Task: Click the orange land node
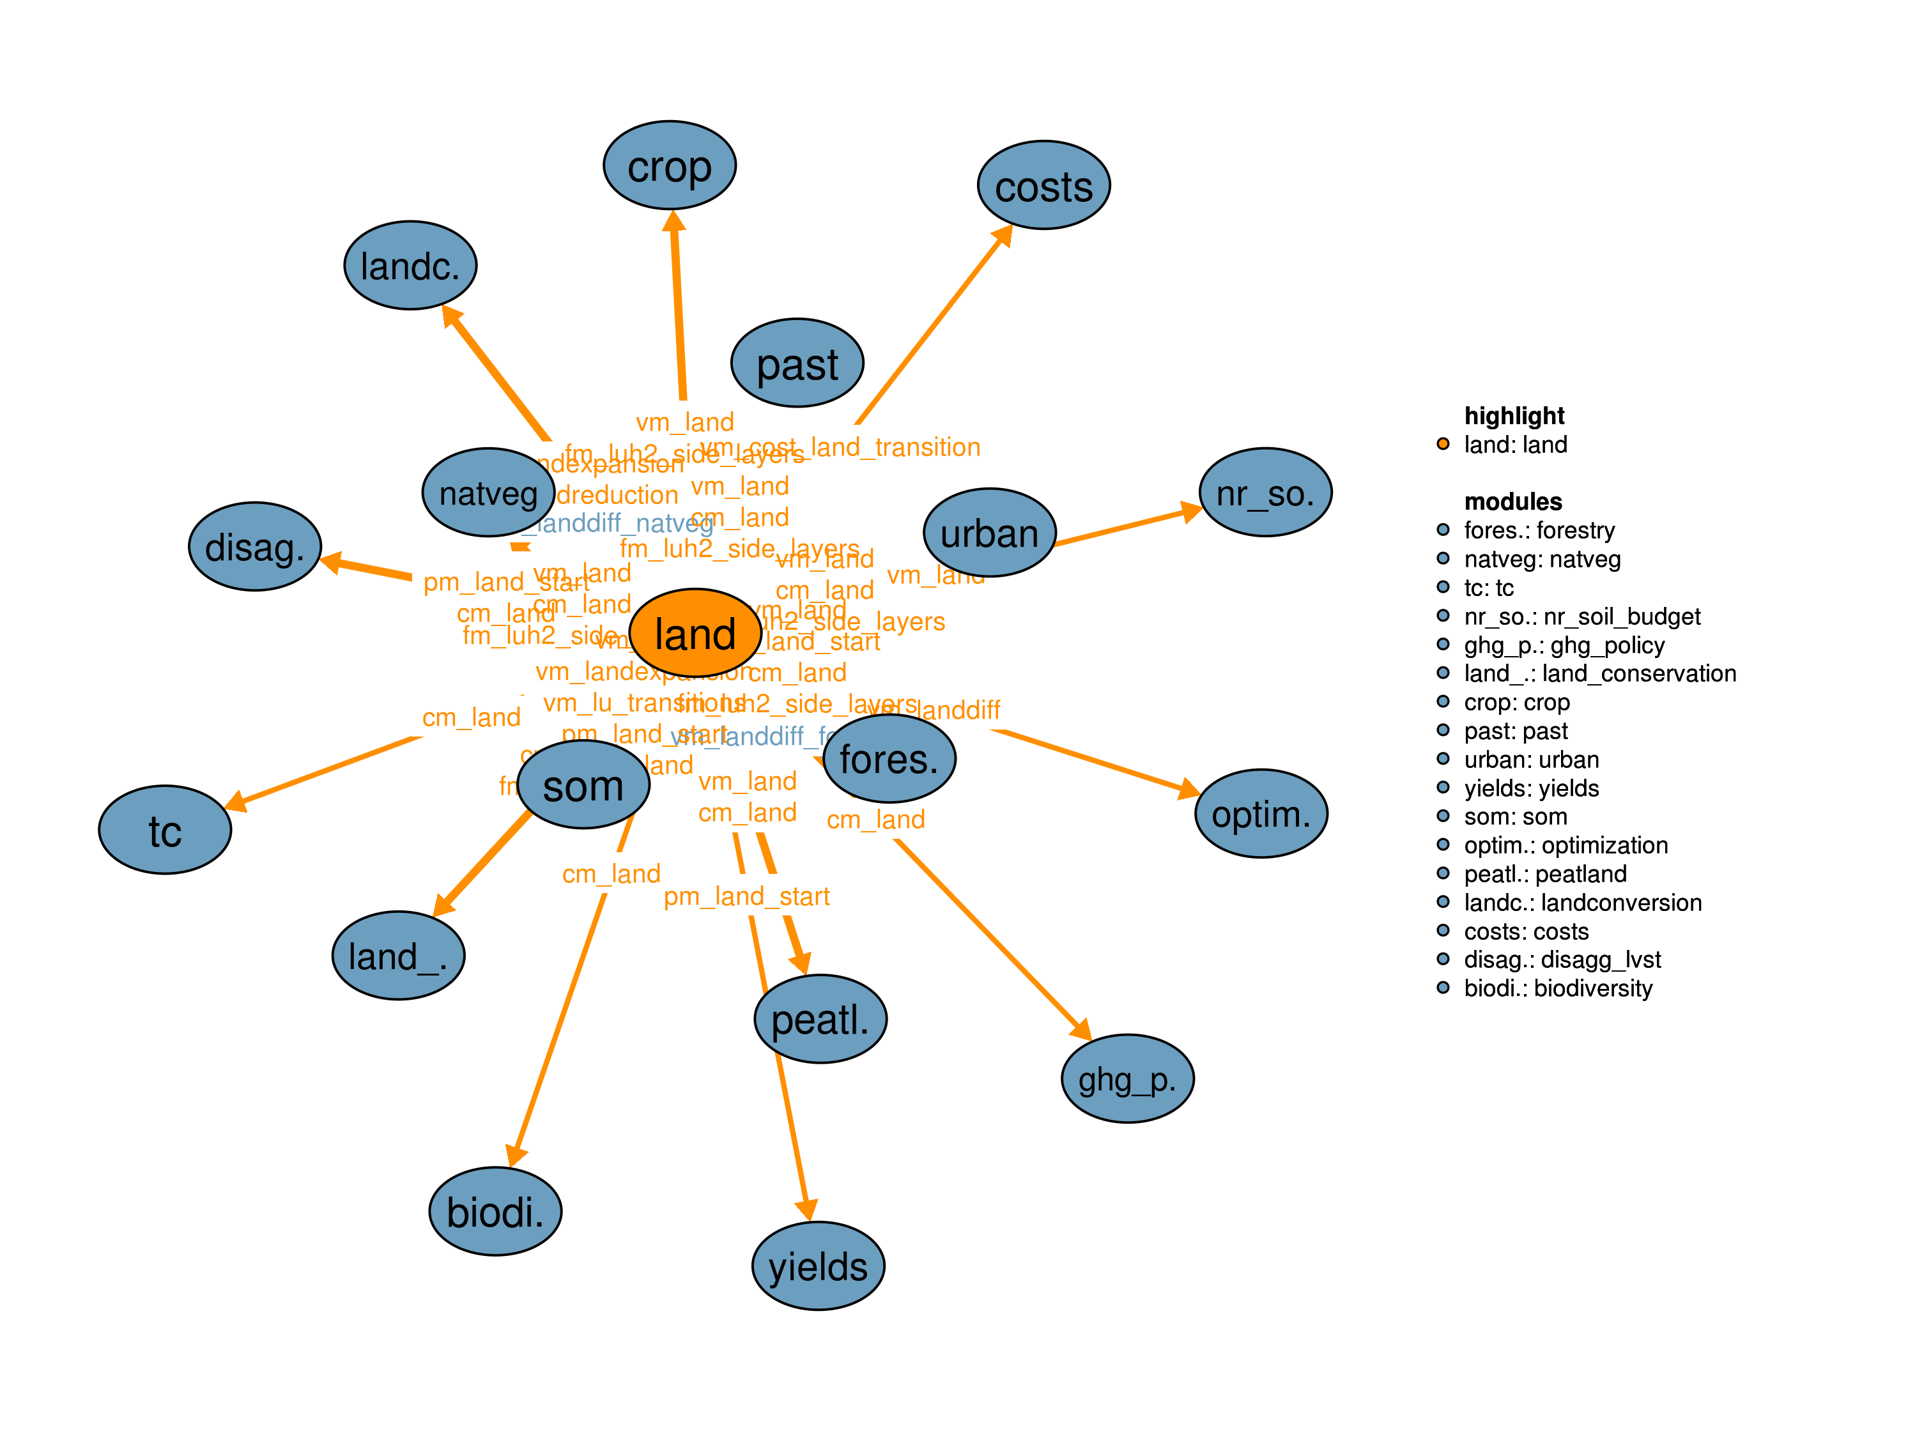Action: coord(695,633)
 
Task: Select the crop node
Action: coord(670,165)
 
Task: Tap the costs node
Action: coord(1043,185)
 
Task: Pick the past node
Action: coord(797,363)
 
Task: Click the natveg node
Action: coord(488,493)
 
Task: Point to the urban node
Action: coord(989,533)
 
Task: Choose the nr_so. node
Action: coord(1265,493)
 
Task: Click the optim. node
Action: coord(1261,813)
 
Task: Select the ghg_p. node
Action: coord(1127,1078)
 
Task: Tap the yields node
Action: coord(819,1266)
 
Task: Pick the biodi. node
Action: coord(495,1211)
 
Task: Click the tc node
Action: coord(165,830)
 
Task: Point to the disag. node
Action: coord(254,546)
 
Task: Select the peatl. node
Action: coord(820,1019)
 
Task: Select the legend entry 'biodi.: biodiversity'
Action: coord(1557,988)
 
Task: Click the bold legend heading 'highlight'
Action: coord(1514,416)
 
